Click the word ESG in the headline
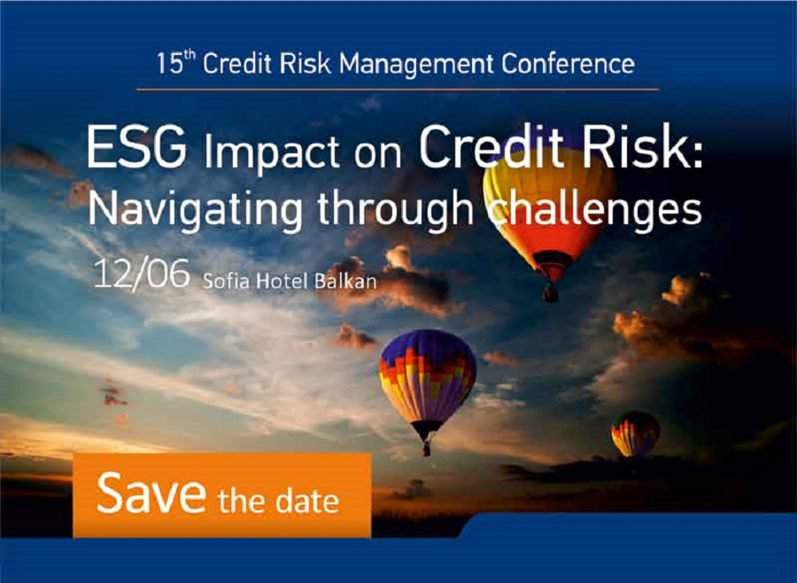[136, 148]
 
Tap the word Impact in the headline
[272, 152]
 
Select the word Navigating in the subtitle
[195, 211]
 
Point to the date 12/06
[142, 275]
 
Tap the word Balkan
[345, 281]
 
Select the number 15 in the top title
[169, 65]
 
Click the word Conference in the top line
[569, 64]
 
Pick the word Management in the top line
[416, 65]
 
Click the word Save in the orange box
[151, 493]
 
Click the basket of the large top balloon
[550, 293]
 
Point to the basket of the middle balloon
[426, 448]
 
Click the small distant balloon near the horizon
[635, 433]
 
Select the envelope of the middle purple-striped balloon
[428, 377]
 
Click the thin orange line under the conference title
[398, 89]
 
